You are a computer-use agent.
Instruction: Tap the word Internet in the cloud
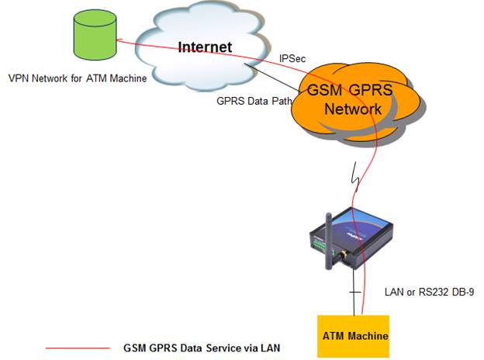point(205,47)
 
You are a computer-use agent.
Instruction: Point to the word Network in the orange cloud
point(353,109)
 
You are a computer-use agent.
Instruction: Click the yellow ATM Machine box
point(355,335)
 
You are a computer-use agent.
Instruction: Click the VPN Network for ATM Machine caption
point(77,78)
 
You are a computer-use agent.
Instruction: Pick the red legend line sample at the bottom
point(78,348)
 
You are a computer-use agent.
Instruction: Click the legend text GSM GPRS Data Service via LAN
point(201,348)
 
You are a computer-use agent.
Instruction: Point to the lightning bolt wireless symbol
point(357,175)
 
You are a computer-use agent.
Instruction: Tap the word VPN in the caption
point(17,78)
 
